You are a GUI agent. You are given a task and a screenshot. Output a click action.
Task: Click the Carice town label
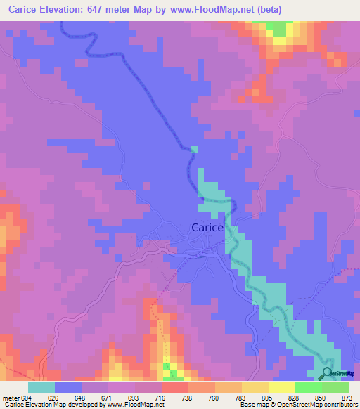(x=207, y=228)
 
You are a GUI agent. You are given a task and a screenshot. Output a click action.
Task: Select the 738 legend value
(x=189, y=398)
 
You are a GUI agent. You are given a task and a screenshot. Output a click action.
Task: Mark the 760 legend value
(x=216, y=398)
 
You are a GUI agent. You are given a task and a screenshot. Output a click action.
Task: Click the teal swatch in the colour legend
(x=41, y=387)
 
